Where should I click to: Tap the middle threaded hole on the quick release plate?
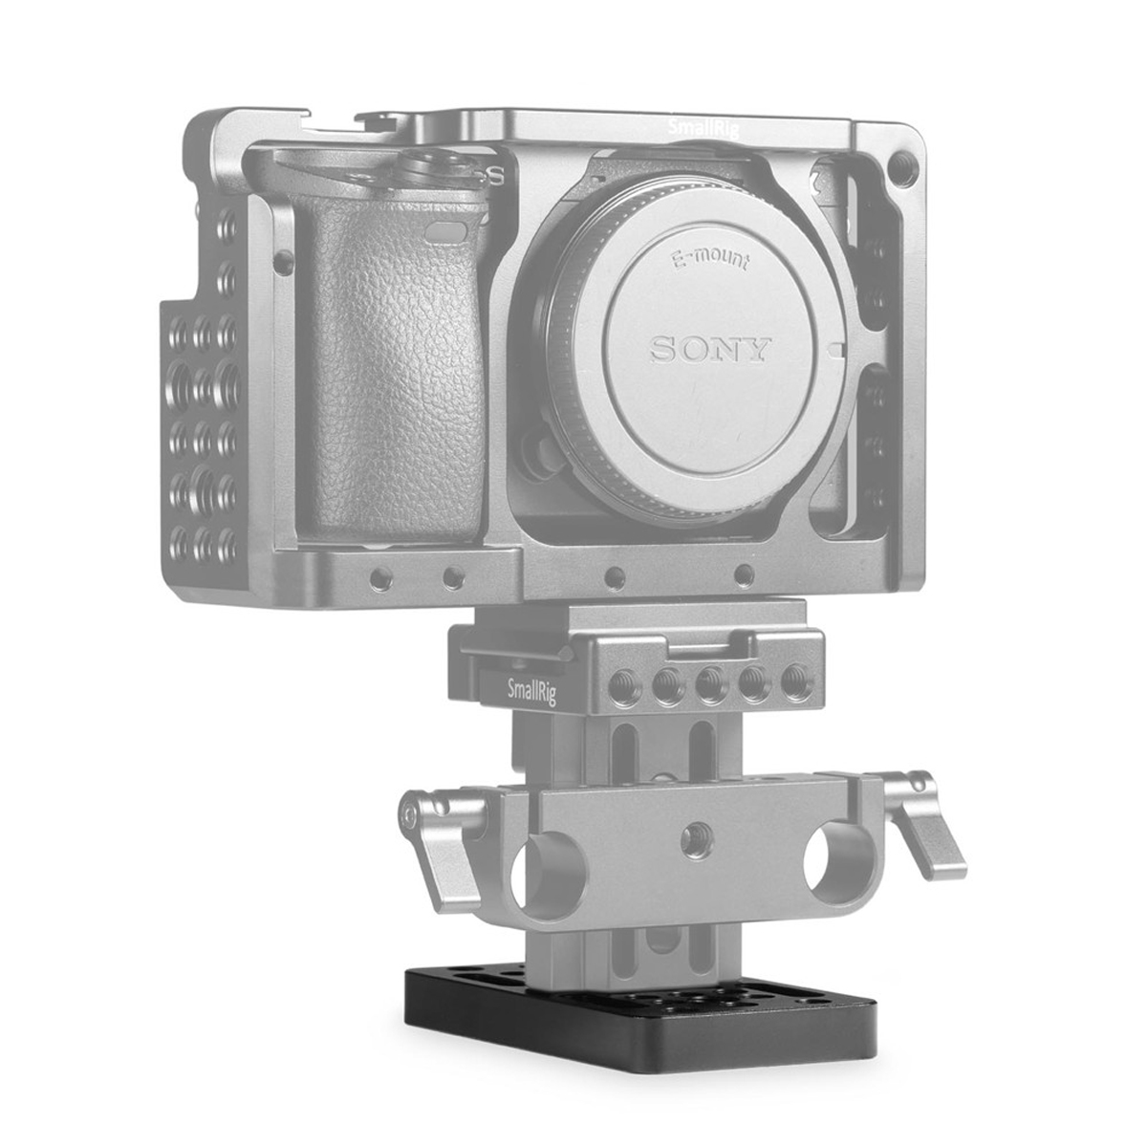tap(707, 683)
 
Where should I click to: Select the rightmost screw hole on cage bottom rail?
tap(744, 574)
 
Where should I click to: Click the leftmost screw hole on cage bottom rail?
tap(381, 576)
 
